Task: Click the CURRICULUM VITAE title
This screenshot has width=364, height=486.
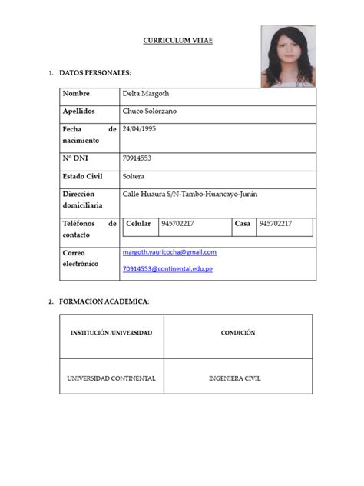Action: (177, 40)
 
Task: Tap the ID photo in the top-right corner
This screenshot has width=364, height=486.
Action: (288, 56)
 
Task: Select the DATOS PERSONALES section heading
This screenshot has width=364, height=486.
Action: (95, 72)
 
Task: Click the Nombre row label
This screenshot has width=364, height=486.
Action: (77, 93)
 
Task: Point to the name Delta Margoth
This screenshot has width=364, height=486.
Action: (146, 93)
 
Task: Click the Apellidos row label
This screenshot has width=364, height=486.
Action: (79, 112)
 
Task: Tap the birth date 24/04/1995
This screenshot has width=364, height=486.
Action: (139, 129)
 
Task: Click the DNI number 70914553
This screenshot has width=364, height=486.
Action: (137, 158)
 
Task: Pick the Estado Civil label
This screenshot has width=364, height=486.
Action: (83, 176)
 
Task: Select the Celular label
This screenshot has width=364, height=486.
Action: (138, 223)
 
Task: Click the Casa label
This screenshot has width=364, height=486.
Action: (243, 223)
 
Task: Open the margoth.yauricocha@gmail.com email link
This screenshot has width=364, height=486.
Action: (169, 252)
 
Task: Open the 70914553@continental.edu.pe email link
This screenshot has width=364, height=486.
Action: (167, 269)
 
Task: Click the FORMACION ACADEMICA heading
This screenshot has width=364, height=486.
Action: (104, 301)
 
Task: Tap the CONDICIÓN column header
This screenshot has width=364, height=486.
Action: (238, 333)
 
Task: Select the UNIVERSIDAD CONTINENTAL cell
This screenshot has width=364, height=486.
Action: (111, 378)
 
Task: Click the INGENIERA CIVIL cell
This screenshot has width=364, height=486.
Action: (238, 378)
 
